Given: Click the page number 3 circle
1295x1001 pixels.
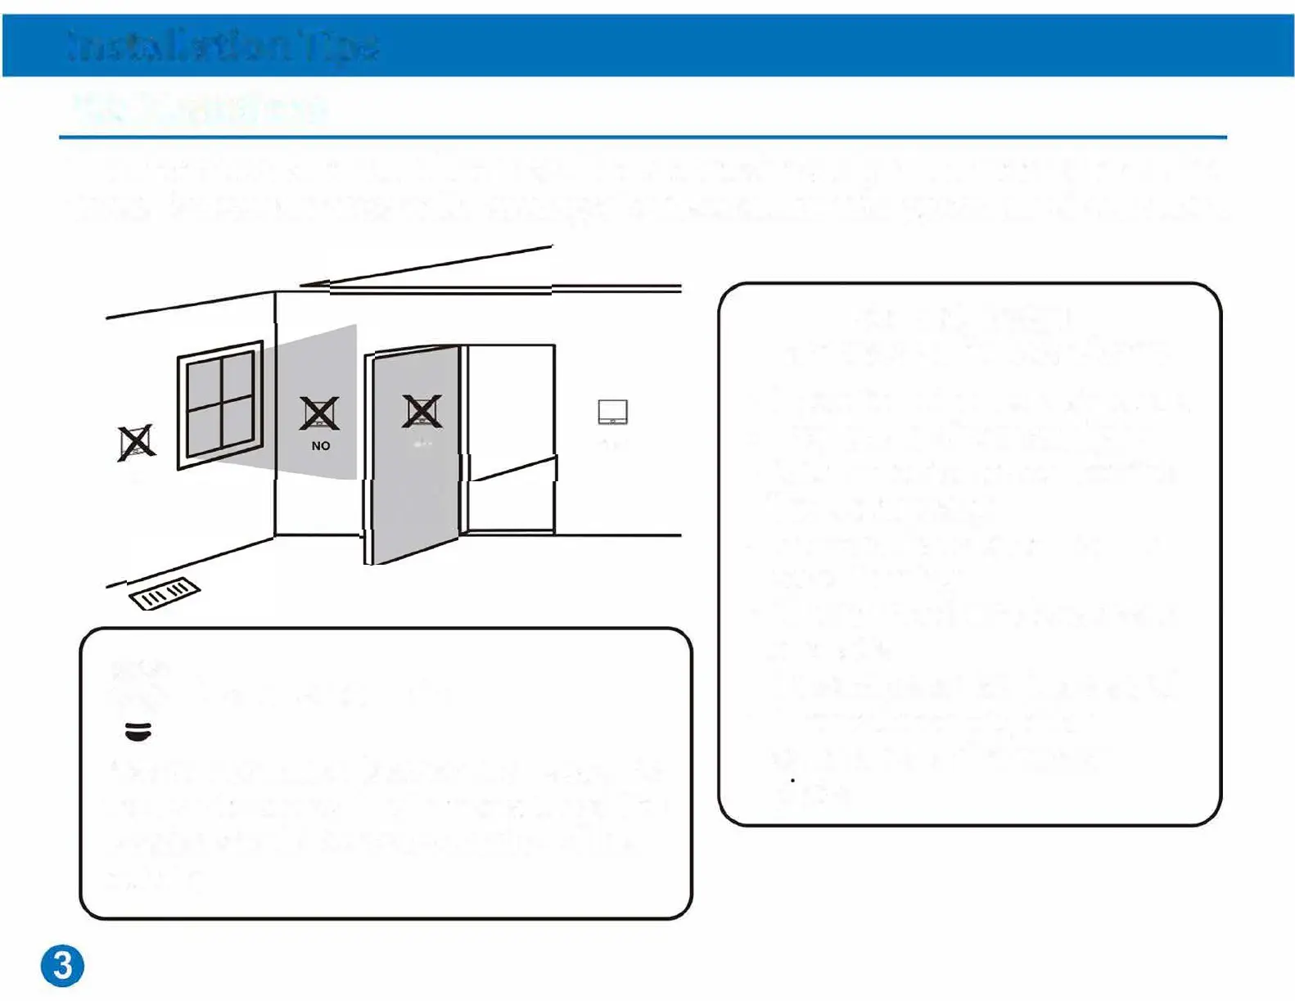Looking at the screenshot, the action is click(x=62, y=966).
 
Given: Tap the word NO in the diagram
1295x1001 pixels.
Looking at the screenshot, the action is click(x=321, y=446).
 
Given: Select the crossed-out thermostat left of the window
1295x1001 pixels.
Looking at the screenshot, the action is click(x=136, y=443).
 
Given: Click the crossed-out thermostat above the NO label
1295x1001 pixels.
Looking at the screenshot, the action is click(x=319, y=413).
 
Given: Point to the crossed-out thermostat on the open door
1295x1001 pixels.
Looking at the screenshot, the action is click(x=422, y=411).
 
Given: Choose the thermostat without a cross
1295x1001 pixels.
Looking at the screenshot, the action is click(x=612, y=412).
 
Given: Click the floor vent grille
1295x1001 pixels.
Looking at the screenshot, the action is click(x=165, y=594).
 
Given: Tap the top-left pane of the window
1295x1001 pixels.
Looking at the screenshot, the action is click(x=204, y=382).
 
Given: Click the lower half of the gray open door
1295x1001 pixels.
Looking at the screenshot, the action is click(x=413, y=507).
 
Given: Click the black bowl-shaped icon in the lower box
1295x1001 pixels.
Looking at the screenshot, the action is click(x=138, y=731).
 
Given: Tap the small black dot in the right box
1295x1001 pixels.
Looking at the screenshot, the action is click(x=792, y=780).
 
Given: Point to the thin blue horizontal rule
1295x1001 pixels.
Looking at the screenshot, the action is click(x=643, y=137).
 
